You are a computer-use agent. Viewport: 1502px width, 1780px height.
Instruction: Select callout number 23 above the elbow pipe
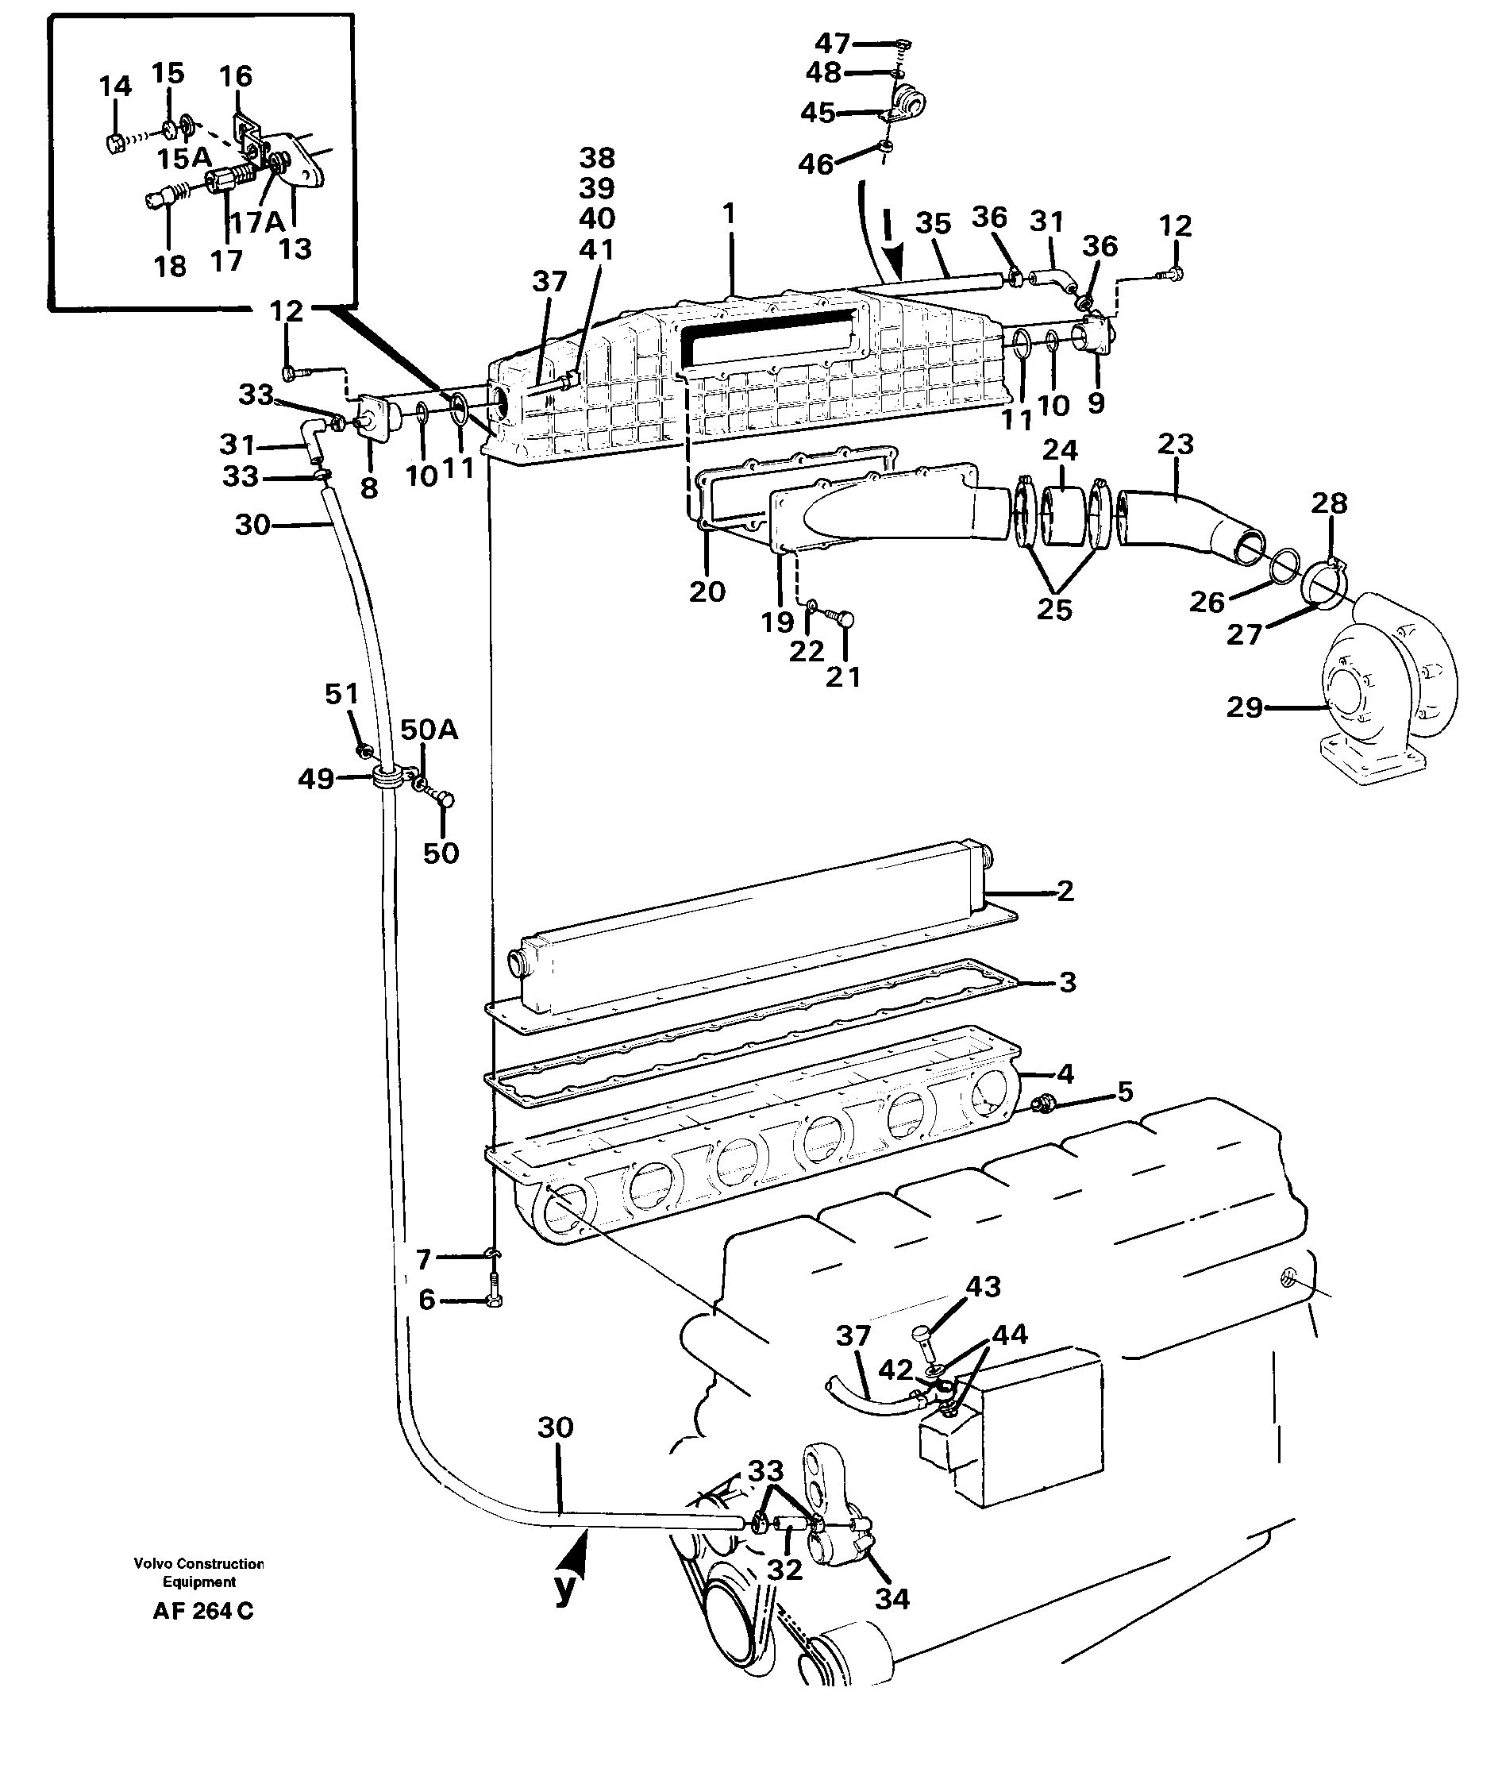click(x=1176, y=444)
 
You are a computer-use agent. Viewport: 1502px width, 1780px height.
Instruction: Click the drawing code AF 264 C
click(x=202, y=1612)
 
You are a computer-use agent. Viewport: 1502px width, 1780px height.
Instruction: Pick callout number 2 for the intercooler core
click(x=1066, y=891)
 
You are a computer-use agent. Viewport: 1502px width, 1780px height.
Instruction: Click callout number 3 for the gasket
click(x=1068, y=982)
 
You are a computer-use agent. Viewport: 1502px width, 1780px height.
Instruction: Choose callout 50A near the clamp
click(x=429, y=729)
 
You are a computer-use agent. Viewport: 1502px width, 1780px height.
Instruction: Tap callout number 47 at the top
click(x=832, y=43)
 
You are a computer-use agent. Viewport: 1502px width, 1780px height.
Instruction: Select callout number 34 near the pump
click(x=892, y=1600)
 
